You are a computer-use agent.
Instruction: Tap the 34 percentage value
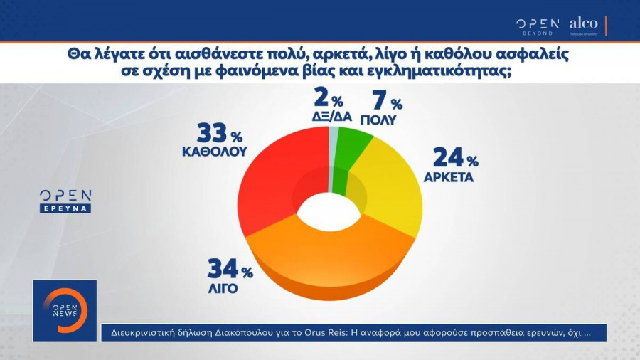coord(223,270)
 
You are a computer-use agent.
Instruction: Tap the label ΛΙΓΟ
coord(223,290)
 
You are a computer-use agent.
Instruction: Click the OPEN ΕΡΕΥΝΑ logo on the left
coord(65,201)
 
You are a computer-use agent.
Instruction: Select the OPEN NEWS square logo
coord(65,310)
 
